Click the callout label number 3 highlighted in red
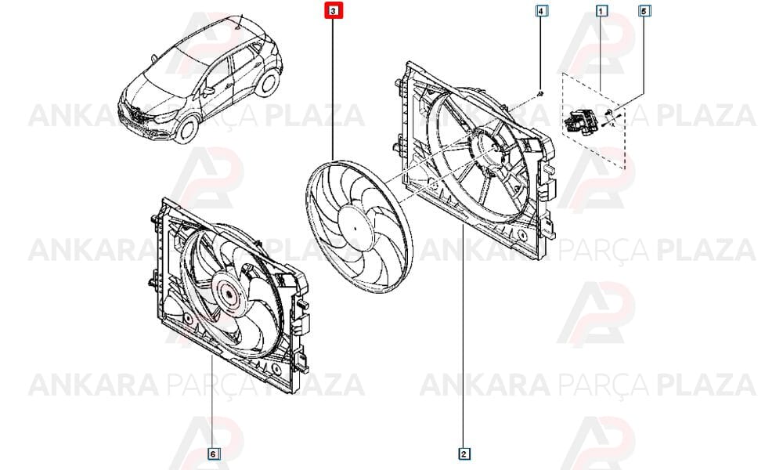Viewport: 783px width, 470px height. point(334,11)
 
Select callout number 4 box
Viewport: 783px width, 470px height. point(540,11)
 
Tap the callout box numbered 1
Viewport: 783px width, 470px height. point(602,11)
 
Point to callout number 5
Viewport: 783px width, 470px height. point(644,11)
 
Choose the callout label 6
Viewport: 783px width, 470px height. point(212,453)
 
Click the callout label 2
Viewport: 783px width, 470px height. point(464,453)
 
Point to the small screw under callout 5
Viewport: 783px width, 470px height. point(612,117)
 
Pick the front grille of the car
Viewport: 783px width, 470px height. point(135,115)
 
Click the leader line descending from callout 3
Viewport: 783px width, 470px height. point(334,86)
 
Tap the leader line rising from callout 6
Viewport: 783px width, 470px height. point(212,399)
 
